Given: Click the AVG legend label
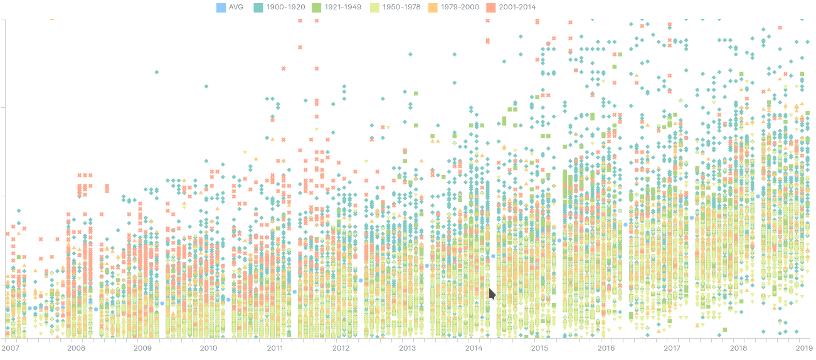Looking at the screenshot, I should pyautogui.click(x=236, y=7).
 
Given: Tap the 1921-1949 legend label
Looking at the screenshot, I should pyautogui.click(x=345, y=7).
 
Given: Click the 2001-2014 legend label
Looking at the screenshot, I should pyautogui.click(x=517, y=7).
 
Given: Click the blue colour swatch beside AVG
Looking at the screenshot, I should pyautogui.click(x=220, y=7).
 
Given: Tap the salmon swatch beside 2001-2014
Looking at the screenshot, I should pyautogui.click(x=492, y=7).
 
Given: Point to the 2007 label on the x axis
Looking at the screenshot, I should pyautogui.click(x=11, y=347).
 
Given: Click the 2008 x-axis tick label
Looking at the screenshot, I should pyautogui.click(x=76, y=347).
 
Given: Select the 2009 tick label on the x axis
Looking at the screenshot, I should pyautogui.click(x=142, y=347).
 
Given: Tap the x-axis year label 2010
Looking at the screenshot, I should pyautogui.click(x=208, y=347).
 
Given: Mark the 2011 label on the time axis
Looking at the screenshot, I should pyautogui.click(x=275, y=347).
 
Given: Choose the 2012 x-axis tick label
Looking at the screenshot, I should pyautogui.click(x=341, y=347).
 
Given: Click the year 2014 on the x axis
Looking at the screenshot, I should pyautogui.click(x=474, y=347).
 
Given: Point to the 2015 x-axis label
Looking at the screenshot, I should pyautogui.click(x=539, y=347).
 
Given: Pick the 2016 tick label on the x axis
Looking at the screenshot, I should pyautogui.click(x=606, y=347).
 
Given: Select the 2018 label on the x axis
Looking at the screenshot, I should pyautogui.click(x=738, y=347).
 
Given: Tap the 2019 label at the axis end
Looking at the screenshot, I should pyautogui.click(x=804, y=347).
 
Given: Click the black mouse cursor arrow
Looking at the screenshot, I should pyautogui.click(x=492, y=294).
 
